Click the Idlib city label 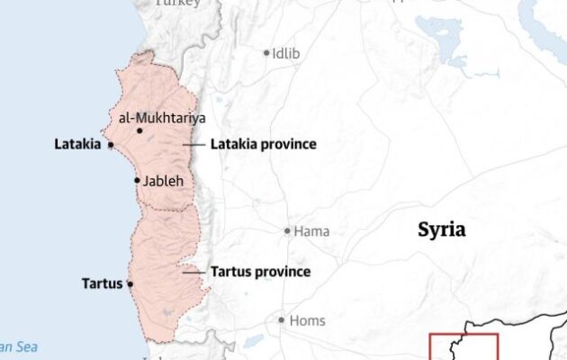click(x=287, y=53)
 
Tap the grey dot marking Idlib click(x=266, y=53)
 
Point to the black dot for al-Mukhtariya click(x=139, y=130)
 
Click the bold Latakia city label click(x=77, y=144)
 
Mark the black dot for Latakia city click(x=110, y=144)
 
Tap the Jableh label click(x=163, y=181)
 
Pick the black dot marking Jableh click(x=137, y=181)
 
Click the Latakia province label click(x=263, y=144)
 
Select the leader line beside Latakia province click(x=193, y=144)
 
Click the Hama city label click(x=311, y=231)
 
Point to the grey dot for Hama click(x=288, y=231)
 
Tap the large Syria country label click(x=441, y=229)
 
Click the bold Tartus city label click(x=101, y=283)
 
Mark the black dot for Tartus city click(x=130, y=283)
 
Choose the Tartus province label click(x=260, y=271)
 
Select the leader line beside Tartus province click(x=192, y=271)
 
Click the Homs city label click(x=307, y=320)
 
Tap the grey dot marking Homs click(x=282, y=320)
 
